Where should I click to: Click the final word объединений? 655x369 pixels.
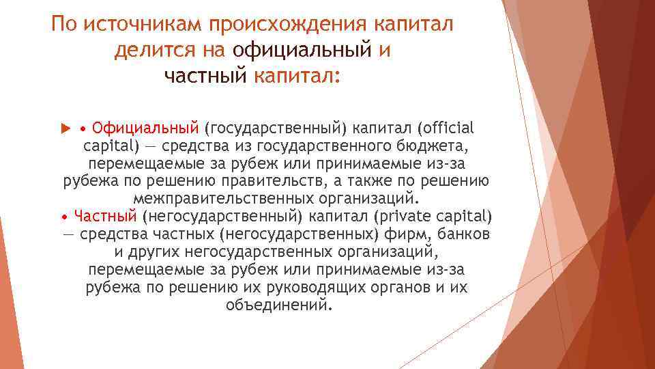click(279, 305)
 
